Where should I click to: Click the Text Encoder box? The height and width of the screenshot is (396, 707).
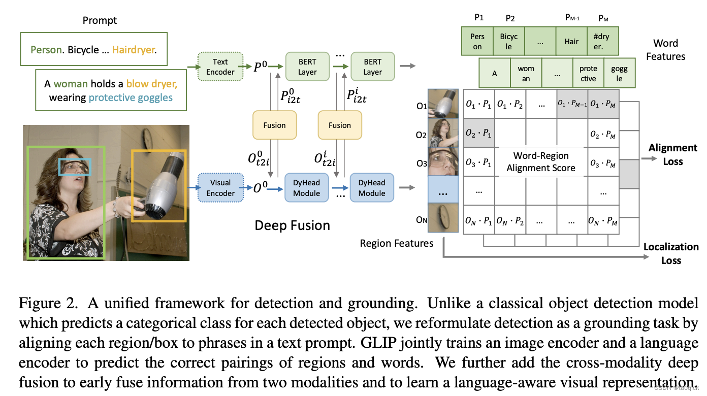coord(220,67)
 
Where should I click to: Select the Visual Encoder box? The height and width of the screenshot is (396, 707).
coord(220,188)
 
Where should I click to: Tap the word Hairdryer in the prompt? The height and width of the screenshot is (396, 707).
coord(134,50)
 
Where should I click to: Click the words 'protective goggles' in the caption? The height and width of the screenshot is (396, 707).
coord(131,97)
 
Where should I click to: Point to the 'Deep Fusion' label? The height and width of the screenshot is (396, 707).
coord(292,226)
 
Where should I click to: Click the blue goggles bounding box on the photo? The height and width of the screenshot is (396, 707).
coord(75,167)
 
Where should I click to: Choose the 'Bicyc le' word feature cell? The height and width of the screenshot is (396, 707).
coord(508,42)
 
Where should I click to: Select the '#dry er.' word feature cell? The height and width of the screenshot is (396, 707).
coord(603,42)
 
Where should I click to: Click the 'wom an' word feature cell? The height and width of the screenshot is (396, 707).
coord(526,74)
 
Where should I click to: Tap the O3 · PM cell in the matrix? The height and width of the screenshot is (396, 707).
coord(603,163)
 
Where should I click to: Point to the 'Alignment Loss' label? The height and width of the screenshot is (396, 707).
coord(672,155)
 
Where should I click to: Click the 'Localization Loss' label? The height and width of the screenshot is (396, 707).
coord(670,253)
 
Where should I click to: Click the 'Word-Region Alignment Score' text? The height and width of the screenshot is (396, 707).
coord(541,162)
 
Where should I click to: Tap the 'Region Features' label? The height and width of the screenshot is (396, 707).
coord(397,243)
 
